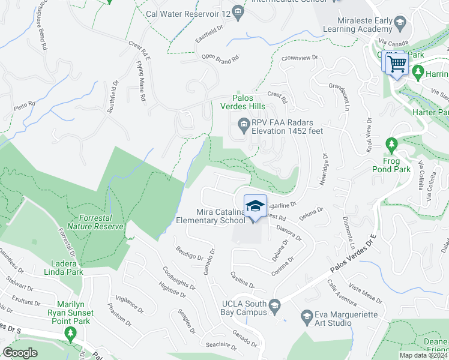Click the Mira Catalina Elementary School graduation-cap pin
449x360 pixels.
(x=255, y=205)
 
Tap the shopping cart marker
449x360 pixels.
(x=397, y=63)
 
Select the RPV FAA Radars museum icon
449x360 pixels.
(x=244, y=125)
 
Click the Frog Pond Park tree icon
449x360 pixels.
(x=391, y=144)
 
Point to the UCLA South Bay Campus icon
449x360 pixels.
(x=275, y=306)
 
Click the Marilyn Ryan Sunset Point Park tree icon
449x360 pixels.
(x=71, y=334)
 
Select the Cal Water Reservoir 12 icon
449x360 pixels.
(x=238, y=11)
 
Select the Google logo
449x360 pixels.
(x=20, y=353)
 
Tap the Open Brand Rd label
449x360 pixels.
(x=220, y=58)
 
